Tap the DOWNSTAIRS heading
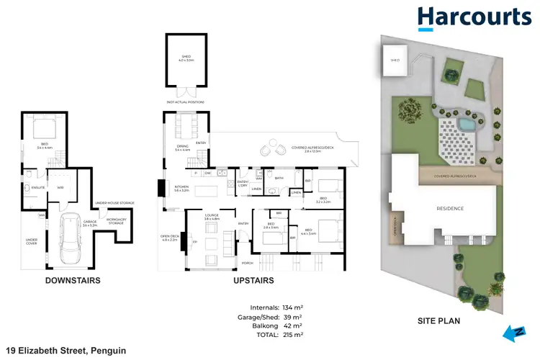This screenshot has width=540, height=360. pyautogui.click(x=72, y=280)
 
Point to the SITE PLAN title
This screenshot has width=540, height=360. pyautogui.click(x=439, y=321)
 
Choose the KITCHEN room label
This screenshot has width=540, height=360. pyautogui.click(x=181, y=189)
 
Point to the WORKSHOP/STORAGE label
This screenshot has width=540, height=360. pyautogui.click(x=117, y=221)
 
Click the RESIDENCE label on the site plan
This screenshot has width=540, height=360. pyautogui.click(x=450, y=209)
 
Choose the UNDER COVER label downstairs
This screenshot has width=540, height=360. pyautogui.click(x=32, y=241)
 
